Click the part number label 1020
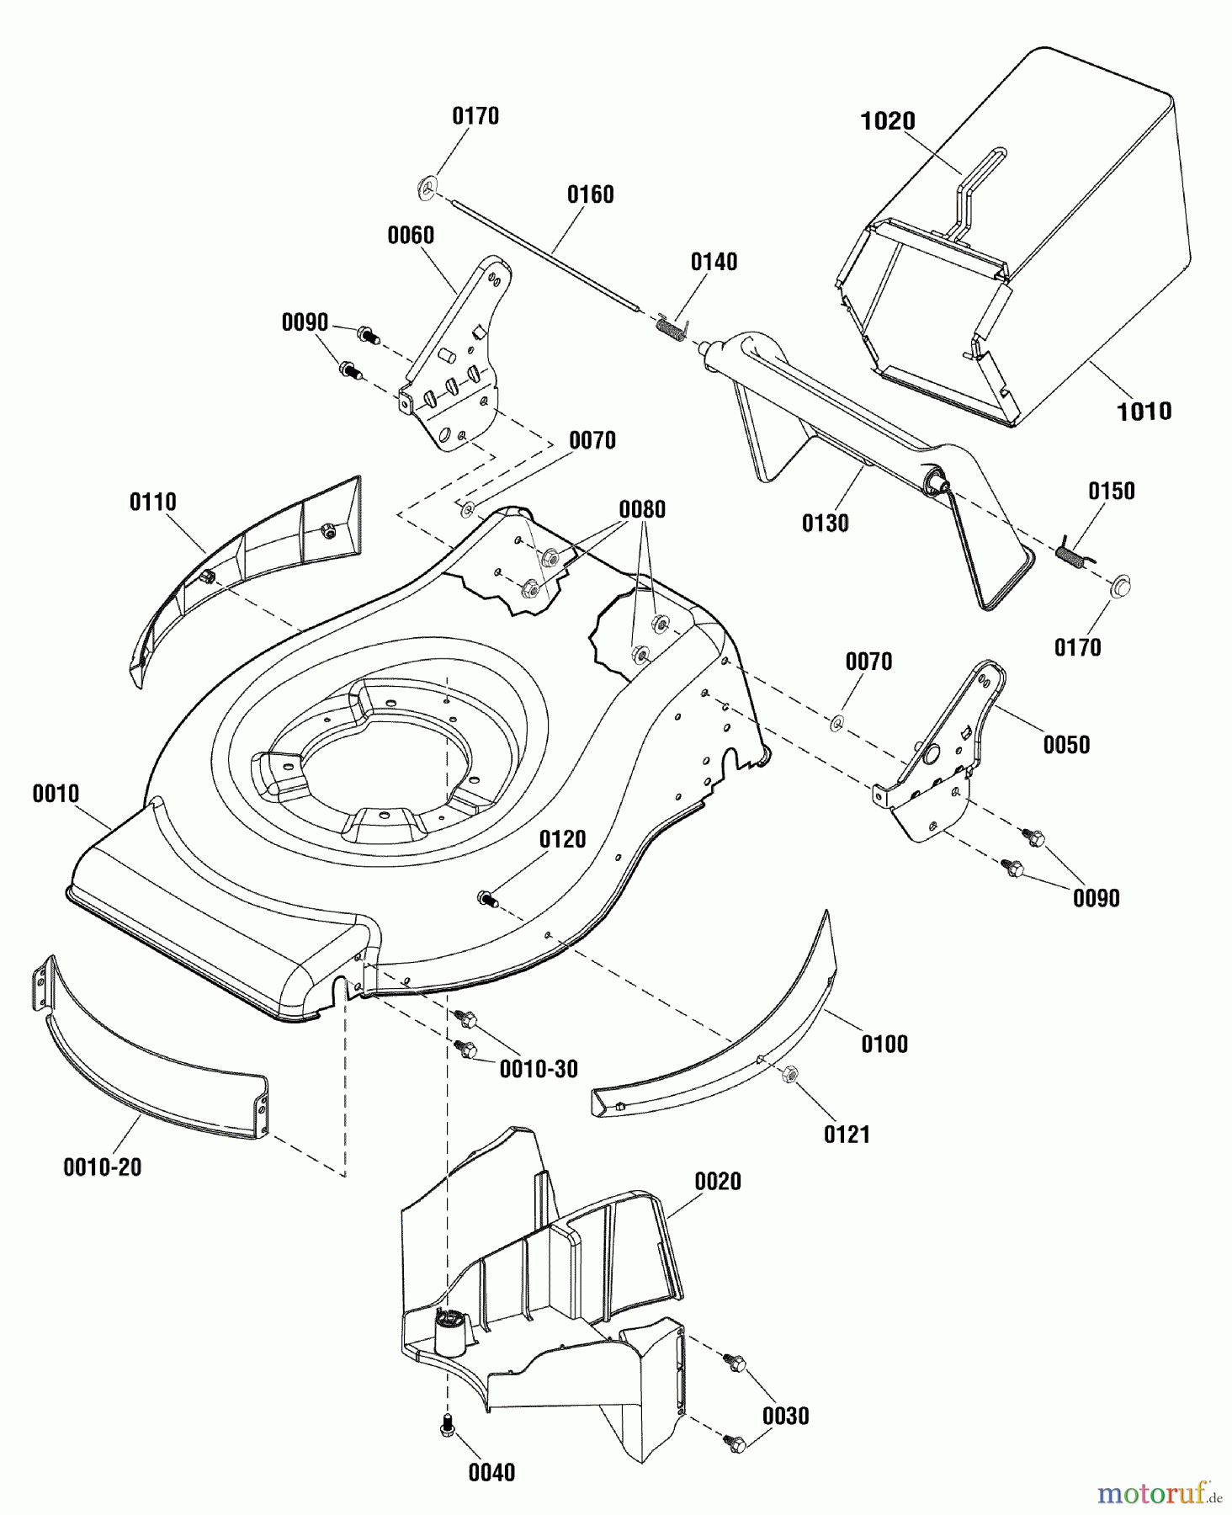[x=887, y=121]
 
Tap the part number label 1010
[x=1144, y=411]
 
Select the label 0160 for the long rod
[x=590, y=194]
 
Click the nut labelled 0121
[x=790, y=1073]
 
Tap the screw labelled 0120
[x=487, y=898]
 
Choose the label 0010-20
[x=103, y=1167]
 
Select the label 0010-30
[x=539, y=1069]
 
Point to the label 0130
[x=825, y=524]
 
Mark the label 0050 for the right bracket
[x=1066, y=745]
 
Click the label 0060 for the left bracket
[x=411, y=236]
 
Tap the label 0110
[x=153, y=502]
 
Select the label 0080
[x=642, y=509]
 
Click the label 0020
[x=718, y=1182]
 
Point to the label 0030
[x=785, y=1416]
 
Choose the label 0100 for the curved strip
[x=884, y=1045]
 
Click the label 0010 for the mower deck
[x=56, y=794]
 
